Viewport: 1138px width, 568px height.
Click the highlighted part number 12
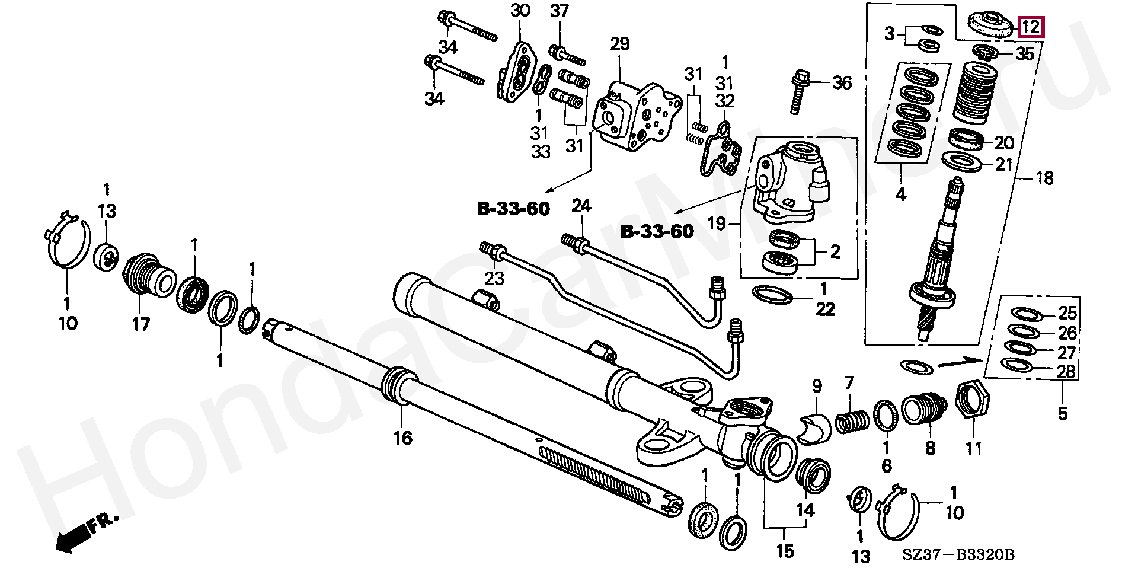tap(1031, 27)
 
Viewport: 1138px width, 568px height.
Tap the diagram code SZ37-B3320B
tap(958, 554)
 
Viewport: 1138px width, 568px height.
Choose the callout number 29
tap(619, 43)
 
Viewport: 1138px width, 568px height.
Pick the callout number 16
tap(403, 438)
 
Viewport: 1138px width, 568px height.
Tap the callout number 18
tap(1044, 177)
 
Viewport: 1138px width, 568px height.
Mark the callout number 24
tap(581, 206)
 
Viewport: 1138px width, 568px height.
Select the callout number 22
tap(825, 308)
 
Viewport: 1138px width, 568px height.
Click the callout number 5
tap(1062, 413)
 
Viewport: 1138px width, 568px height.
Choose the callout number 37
tap(559, 11)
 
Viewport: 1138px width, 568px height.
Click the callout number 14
tap(805, 509)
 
